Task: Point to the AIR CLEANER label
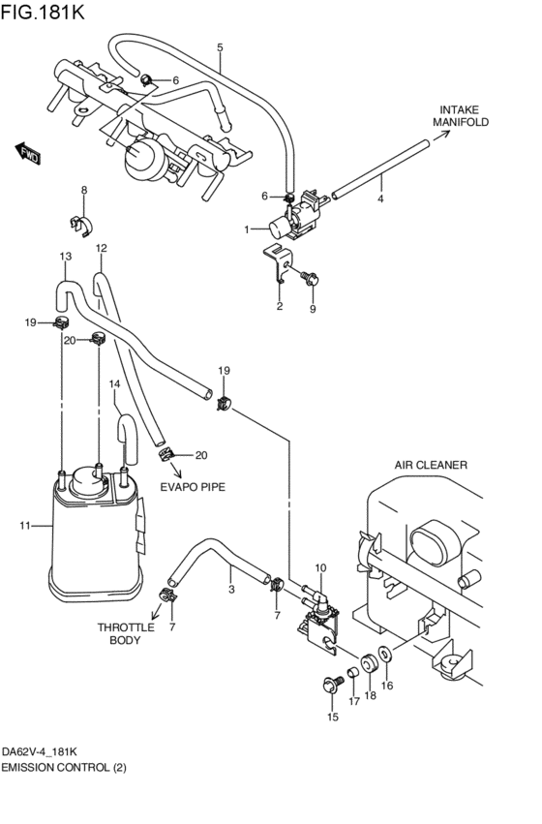pos(431,465)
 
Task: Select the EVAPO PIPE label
pos(194,487)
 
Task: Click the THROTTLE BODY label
pos(126,633)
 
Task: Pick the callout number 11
pos(25,526)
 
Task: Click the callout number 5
pos(220,46)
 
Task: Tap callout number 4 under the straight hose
pos(380,198)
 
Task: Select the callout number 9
pos(313,309)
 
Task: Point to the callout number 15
pos(333,717)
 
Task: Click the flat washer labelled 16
pos(385,656)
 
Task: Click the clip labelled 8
pos(82,225)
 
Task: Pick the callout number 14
pos(114,384)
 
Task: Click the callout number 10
pos(320,567)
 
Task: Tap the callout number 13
pos(65,257)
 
